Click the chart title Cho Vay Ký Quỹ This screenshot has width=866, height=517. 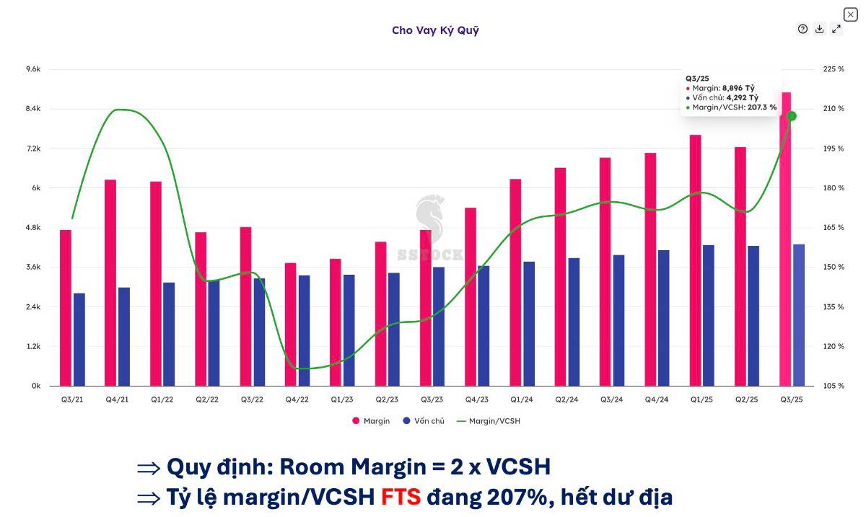click(x=435, y=30)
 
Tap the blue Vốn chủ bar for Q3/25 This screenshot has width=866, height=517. click(x=799, y=315)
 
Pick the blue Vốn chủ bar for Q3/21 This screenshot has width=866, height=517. click(x=79, y=340)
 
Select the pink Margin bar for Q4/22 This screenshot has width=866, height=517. click(x=290, y=324)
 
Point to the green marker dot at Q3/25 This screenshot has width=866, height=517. click(x=792, y=116)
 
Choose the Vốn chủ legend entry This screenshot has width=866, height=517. click(x=424, y=421)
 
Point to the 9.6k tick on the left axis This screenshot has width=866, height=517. click(x=33, y=69)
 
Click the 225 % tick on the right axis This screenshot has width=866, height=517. click(x=834, y=69)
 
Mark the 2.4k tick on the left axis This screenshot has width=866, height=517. click(x=33, y=307)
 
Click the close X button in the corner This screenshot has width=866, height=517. click(x=850, y=14)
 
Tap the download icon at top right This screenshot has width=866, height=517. click(x=820, y=29)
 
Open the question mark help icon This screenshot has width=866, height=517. click(x=802, y=29)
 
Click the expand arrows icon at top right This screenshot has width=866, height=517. click(x=836, y=29)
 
